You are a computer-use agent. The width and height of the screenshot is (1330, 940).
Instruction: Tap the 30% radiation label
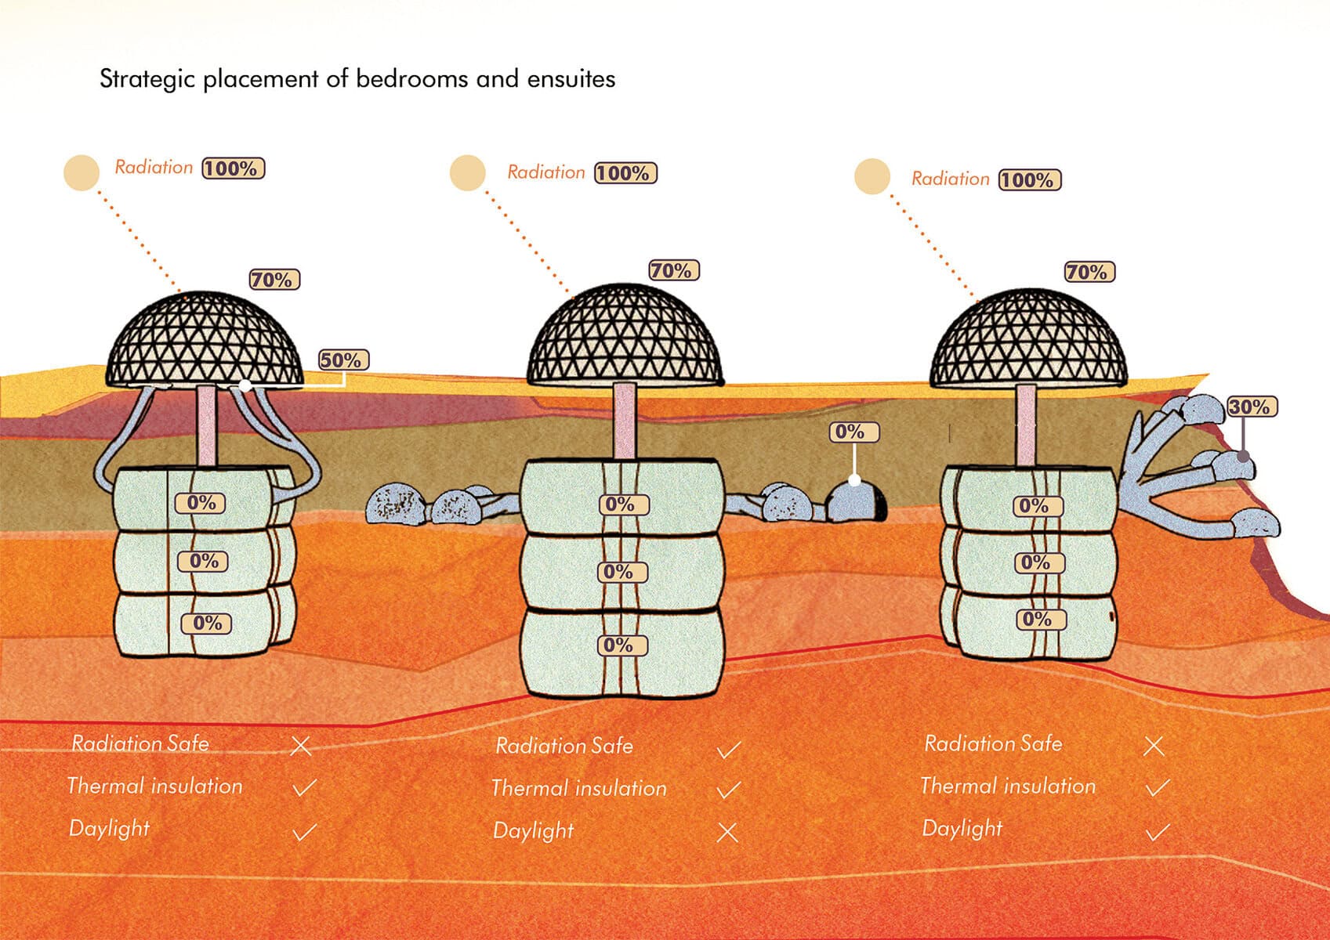click(1252, 407)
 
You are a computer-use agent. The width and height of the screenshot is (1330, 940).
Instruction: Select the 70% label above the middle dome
click(673, 271)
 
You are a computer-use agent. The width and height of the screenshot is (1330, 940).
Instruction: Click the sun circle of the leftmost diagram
click(82, 172)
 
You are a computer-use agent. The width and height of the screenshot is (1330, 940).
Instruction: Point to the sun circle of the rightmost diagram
click(872, 175)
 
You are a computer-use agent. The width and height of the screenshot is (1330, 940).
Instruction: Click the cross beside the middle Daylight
click(728, 832)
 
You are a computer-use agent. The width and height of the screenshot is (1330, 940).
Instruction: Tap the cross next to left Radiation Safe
click(301, 746)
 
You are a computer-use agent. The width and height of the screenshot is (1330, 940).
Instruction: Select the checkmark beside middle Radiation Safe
click(728, 750)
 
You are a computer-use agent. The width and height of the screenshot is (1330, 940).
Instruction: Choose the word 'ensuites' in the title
click(571, 79)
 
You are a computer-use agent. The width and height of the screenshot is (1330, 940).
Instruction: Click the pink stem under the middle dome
click(625, 421)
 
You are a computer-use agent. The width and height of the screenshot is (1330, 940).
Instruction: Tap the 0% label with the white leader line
click(853, 432)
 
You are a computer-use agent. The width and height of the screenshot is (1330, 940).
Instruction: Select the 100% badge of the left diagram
click(234, 168)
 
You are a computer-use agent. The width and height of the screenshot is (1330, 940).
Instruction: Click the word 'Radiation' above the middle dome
click(546, 172)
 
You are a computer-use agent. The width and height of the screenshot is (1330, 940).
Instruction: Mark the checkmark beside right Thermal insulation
click(1157, 787)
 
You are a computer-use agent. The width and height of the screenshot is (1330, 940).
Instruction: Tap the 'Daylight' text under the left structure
click(109, 829)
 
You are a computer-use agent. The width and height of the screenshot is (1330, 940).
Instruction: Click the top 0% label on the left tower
click(201, 503)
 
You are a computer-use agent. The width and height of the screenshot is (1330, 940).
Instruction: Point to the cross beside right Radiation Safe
click(1154, 746)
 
